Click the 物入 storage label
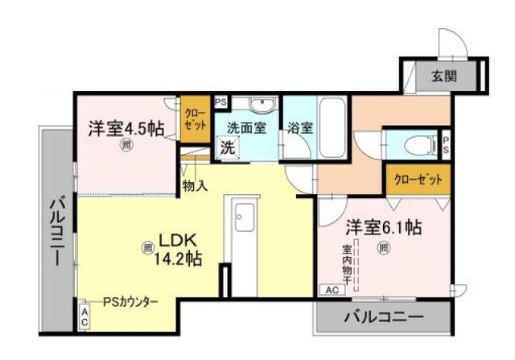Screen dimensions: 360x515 pyautogui.click(x=196, y=186)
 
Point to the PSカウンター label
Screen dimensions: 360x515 pyautogui.click(x=130, y=302)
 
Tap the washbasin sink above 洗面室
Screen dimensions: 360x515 pyautogui.click(x=260, y=106)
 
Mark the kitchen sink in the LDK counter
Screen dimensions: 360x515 pyautogui.click(x=243, y=216)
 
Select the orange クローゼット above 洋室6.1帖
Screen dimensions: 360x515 pyautogui.click(x=417, y=179)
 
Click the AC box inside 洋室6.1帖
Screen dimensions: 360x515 pyautogui.click(x=331, y=288)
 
